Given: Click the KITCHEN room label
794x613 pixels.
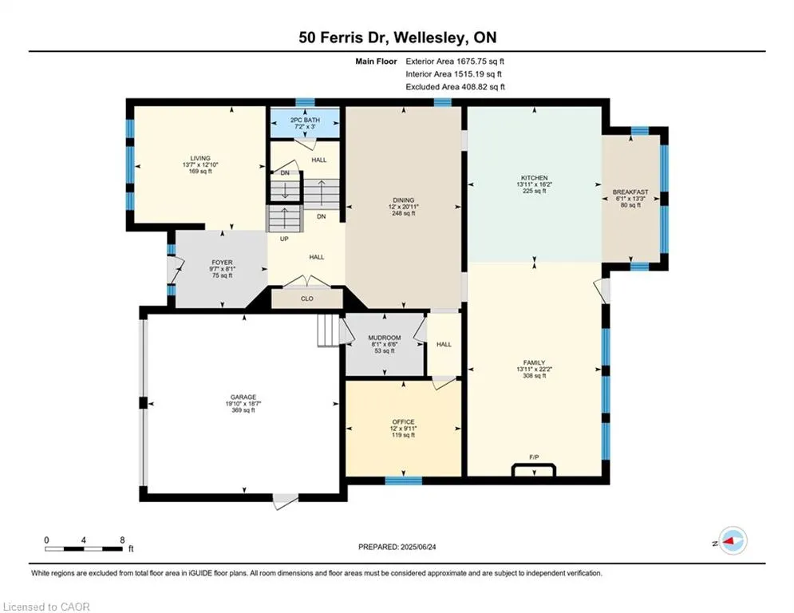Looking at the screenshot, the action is (534, 178).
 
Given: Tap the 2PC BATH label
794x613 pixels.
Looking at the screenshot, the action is (305, 120).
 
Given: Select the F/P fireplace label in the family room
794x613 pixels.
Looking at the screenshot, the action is (534, 457).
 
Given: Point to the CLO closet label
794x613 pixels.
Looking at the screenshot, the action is (307, 299).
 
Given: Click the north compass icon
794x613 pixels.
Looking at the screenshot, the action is (733, 540).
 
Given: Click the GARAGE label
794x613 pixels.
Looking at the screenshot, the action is (243, 397).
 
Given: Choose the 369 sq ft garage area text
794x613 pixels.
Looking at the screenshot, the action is (243, 410).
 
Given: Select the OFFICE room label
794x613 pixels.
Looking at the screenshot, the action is (403, 422).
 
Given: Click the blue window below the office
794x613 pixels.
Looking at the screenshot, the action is (403, 481).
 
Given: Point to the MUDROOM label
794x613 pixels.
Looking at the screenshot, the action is (385, 338).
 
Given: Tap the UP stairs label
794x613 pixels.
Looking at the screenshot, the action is (284, 239).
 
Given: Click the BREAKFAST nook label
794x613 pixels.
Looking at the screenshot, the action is (630, 192).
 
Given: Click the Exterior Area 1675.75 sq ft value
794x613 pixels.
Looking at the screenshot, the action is (455, 61).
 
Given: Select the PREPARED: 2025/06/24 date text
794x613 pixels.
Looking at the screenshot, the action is (397, 547).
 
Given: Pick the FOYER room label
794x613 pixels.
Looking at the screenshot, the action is (222, 263).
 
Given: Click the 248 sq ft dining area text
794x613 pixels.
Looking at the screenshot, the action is (403, 213).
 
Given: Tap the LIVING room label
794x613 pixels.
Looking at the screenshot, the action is (200, 158).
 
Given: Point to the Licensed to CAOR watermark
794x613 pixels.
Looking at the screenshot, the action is (46, 607).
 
